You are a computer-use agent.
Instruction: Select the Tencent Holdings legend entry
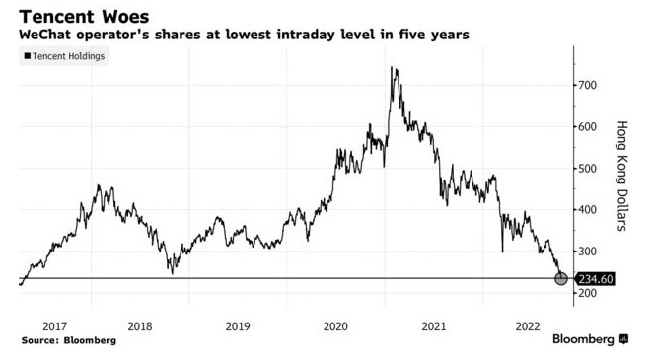point(64,56)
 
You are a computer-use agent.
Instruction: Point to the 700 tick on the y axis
point(589,86)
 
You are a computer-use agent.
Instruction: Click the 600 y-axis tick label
point(589,127)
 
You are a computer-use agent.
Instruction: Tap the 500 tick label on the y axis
point(589,169)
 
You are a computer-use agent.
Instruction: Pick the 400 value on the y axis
point(589,210)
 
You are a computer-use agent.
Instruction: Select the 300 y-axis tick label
point(589,252)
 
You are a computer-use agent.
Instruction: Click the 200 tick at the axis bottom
point(589,294)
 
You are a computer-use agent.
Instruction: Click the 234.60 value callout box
point(596,279)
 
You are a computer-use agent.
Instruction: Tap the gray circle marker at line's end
point(561,279)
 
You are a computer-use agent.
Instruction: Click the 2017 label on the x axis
point(55,325)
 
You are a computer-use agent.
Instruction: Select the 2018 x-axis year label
point(140,325)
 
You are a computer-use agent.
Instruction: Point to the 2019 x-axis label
point(237,325)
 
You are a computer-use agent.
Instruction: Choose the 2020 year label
point(335,325)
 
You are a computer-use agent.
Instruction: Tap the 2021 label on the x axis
point(431,325)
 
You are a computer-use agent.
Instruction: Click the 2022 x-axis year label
point(528,325)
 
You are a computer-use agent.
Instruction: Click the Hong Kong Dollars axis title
point(622,177)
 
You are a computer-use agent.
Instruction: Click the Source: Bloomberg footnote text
point(68,340)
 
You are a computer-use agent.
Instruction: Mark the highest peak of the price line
point(394,68)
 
